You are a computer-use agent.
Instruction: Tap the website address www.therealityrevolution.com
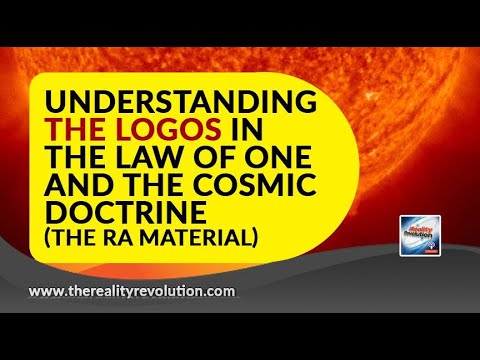tap(132, 291)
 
